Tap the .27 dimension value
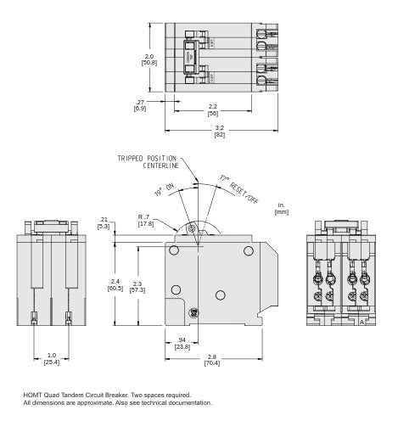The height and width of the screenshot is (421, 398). pyautogui.click(x=140, y=102)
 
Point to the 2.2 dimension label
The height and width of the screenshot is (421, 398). pyautogui.click(x=212, y=106)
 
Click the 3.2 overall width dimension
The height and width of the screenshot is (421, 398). pyautogui.click(x=220, y=128)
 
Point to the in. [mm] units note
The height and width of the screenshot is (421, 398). pyautogui.click(x=281, y=208)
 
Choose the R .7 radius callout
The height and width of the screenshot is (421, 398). pyautogui.click(x=143, y=217)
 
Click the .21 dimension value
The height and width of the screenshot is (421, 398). pyautogui.click(x=104, y=219)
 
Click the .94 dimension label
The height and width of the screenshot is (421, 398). pyautogui.click(x=182, y=339)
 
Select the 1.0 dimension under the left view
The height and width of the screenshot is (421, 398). pyautogui.click(x=51, y=355)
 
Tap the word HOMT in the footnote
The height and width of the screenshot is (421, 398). pyautogui.click(x=32, y=395)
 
